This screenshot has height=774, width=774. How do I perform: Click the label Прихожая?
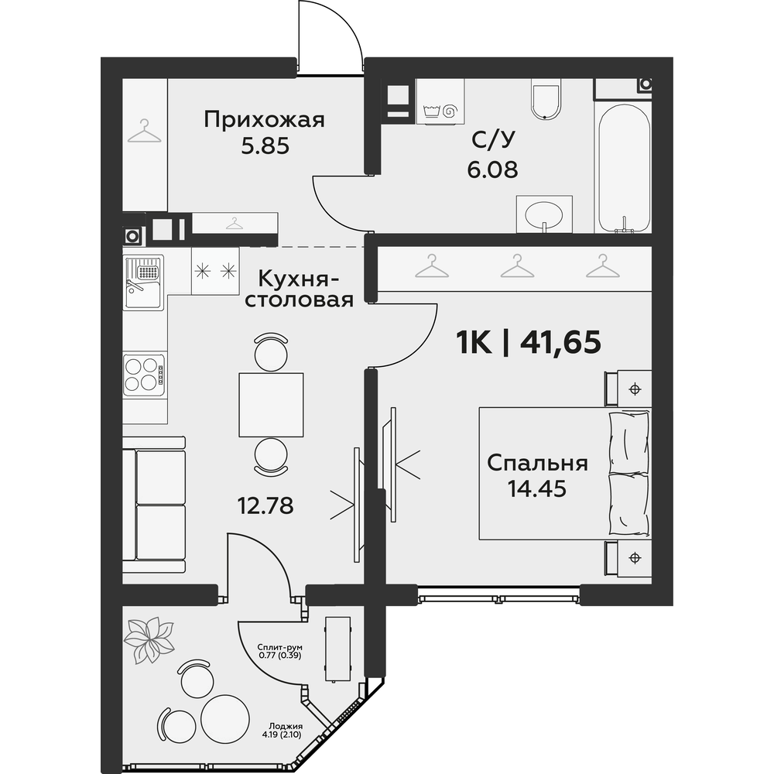pyautogui.click(x=264, y=121)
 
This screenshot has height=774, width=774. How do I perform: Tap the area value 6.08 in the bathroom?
pyautogui.click(x=492, y=170)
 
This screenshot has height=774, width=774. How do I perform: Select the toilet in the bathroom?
pyautogui.click(x=546, y=99)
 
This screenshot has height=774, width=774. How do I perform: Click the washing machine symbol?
pyautogui.click(x=440, y=101)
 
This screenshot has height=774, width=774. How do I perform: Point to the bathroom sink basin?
pyautogui.click(x=544, y=214)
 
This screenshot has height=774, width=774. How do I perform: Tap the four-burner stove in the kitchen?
pyautogui.click(x=144, y=374)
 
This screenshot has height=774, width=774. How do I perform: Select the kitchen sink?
pyautogui.click(x=143, y=282)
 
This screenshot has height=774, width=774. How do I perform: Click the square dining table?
pyautogui.click(x=271, y=405)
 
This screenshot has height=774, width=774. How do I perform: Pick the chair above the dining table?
pyautogui.click(x=270, y=352)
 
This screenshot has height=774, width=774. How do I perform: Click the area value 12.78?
pyautogui.click(x=265, y=505)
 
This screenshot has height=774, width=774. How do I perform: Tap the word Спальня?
pyautogui.click(x=537, y=464)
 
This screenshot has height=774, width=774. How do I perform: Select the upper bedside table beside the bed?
pyautogui.click(x=628, y=389)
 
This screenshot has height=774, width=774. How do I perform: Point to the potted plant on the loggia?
pyautogui.click(x=149, y=639)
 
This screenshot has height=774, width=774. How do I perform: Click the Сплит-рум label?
pyautogui.click(x=280, y=647)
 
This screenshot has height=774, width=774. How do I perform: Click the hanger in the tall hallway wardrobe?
pyautogui.click(x=144, y=131)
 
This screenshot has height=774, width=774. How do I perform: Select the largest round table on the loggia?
pyautogui.click(x=225, y=717)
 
